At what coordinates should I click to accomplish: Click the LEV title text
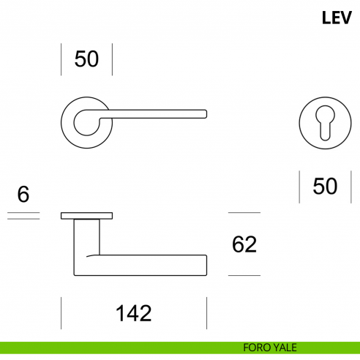tap(337, 18)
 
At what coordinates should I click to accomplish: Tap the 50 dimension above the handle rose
tap(86, 59)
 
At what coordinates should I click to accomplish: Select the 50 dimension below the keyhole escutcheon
tap(325, 187)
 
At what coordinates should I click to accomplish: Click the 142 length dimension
tap(133, 313)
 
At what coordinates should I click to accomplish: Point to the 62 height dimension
tap(244, 244)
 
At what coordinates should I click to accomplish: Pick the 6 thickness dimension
tap(23, 194)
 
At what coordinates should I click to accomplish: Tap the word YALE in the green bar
tap(285, 348)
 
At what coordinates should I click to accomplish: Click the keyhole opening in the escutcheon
tap(325, 123)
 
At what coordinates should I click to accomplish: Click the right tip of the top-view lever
tap(206, 114)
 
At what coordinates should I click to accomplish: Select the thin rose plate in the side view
tap(86, 216)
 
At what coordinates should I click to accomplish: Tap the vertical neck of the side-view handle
tap(86, 237)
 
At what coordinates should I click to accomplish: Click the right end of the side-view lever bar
tap(206, 266)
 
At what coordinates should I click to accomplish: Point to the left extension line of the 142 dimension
tap(61, 313)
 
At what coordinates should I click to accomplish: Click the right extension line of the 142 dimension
tap(206, 313)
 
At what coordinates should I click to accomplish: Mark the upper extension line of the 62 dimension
tap(244, 213)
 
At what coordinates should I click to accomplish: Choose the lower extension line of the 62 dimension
tap(244, 276)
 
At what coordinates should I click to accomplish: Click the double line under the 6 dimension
tap(23, 216)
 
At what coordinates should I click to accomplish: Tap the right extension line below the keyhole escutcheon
tap(351, 187)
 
